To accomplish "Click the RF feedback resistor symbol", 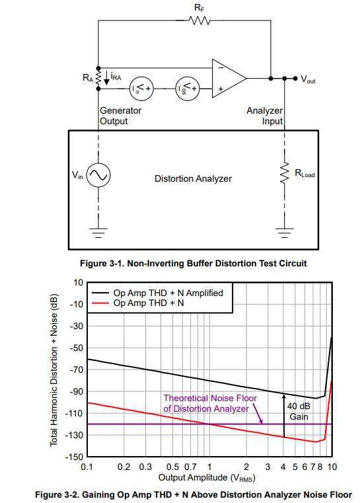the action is [199, 20].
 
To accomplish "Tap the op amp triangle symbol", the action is [229, 78].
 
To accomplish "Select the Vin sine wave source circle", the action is [98, 175].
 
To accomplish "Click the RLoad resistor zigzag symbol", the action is [284, 173].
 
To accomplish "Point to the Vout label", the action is [308, 79].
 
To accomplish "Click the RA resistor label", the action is [88, 77].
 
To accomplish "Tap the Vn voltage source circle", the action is [141, 89].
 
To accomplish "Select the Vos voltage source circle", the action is [188, 89].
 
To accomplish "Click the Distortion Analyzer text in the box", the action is [193, 178].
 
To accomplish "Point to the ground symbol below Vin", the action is [98, 233].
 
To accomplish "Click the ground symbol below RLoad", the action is [284, 233].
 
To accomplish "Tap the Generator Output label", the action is [120, 116].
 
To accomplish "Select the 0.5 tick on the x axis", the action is [172, 467].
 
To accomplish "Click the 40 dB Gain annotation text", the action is [299, 411].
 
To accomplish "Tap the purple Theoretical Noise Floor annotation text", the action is [210, 403].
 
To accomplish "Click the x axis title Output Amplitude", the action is [207, 478].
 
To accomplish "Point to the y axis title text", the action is [54, 369].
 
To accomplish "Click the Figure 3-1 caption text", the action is [194, 263].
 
